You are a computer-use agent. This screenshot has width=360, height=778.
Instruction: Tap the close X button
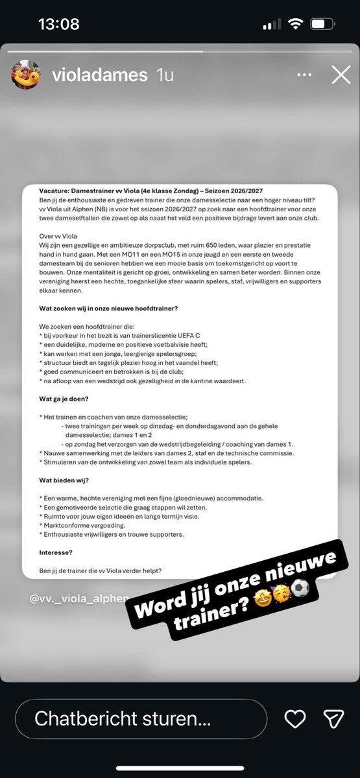pos(341,76)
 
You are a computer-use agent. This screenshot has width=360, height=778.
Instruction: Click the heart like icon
pos(296,718)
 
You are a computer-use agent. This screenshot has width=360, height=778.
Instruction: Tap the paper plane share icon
pos(333,718)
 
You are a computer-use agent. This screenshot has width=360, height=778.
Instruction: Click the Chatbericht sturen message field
pos(140,718)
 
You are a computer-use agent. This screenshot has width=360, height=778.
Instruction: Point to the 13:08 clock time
pos(58,25)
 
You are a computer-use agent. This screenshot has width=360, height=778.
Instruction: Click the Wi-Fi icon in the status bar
pos(296,25)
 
